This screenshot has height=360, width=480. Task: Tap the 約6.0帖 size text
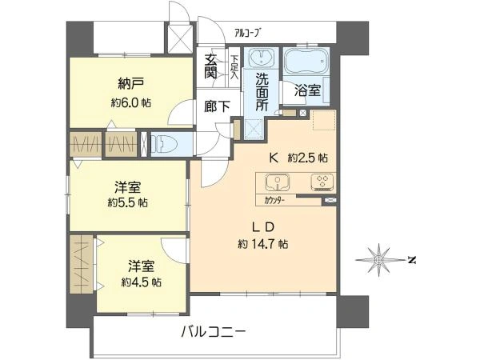pos(130,103)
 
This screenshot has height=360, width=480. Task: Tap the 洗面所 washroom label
pos(262,90)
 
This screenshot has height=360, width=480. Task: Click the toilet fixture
pos(165,143)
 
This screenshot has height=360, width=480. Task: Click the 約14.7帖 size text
pos(262,243)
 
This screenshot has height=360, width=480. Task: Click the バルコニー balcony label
pos(213,330)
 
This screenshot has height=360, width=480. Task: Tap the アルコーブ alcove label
pos(247,32)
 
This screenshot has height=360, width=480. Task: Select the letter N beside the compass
pos(410,259)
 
